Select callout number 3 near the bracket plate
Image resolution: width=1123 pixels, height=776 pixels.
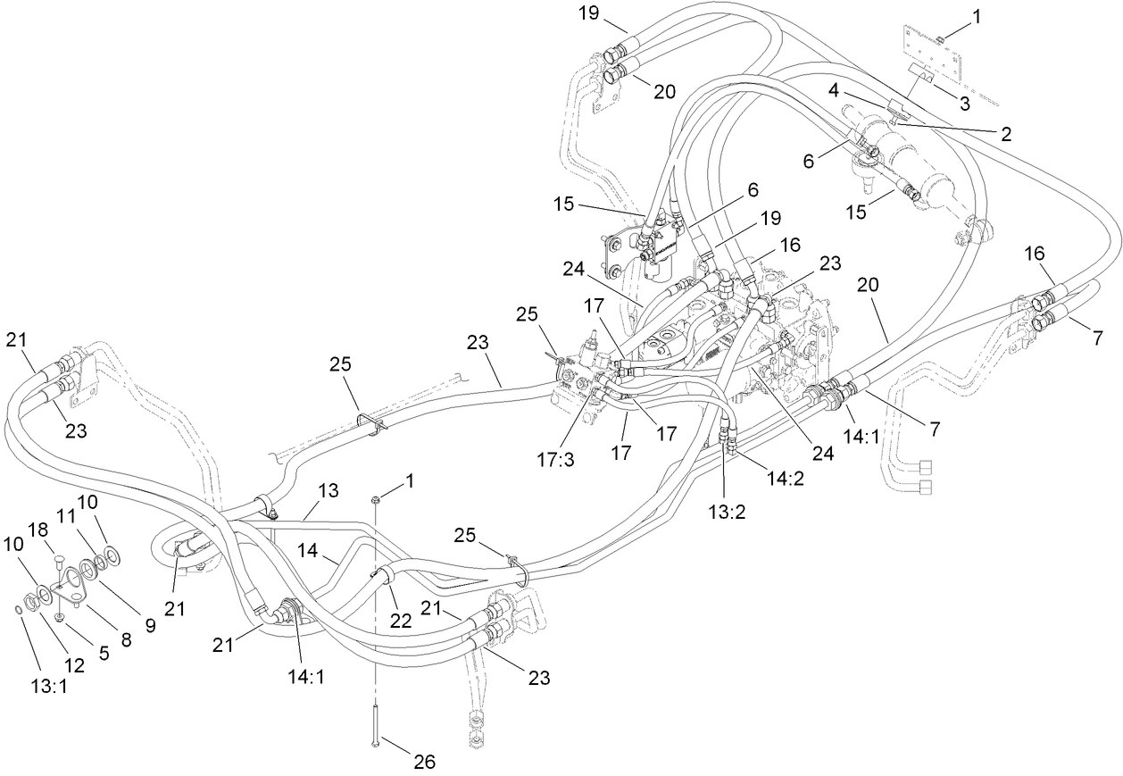[x=964, y=103]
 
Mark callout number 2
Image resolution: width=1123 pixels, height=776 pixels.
[x=1005, y=134]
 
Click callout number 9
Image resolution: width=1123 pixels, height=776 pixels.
[x=151, y=626]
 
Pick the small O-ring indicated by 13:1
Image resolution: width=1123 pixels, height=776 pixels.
[x=19, y=609]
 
